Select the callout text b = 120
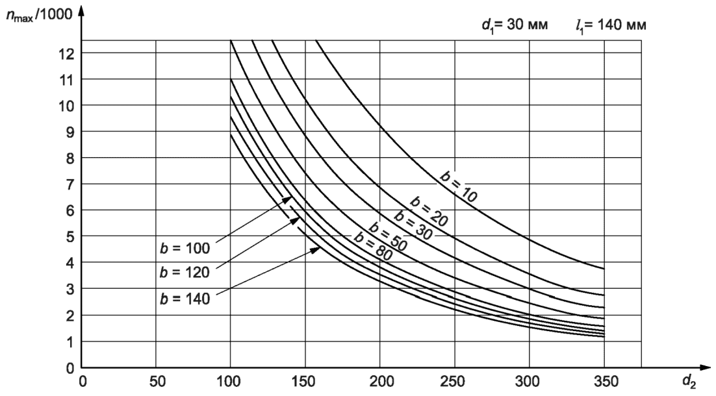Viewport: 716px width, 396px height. (185, 274)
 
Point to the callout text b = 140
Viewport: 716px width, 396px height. (185, 299)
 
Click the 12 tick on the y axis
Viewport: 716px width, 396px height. (65, 53)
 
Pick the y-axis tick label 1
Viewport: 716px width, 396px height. (68, 341)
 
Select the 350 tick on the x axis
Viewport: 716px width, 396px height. (604, 381)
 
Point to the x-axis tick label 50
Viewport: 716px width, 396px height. (156, 381)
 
